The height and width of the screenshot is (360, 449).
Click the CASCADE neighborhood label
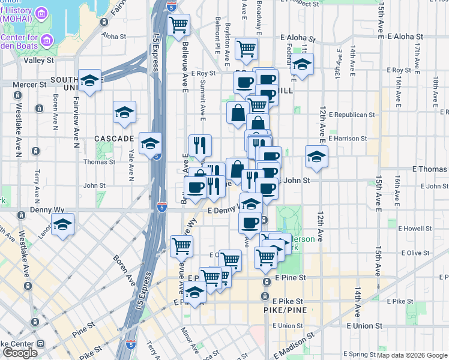[113, 139]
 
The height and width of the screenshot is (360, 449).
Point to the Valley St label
[38, 61]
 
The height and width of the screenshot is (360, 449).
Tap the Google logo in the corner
[20, 352]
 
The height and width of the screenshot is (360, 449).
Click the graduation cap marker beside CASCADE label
[124, 112]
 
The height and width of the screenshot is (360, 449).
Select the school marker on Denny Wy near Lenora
[62, 225]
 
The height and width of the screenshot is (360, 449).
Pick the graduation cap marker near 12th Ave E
[316, 157]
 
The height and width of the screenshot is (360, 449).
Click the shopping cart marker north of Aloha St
[178, 25]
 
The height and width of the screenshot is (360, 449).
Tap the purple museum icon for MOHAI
[41, 14]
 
